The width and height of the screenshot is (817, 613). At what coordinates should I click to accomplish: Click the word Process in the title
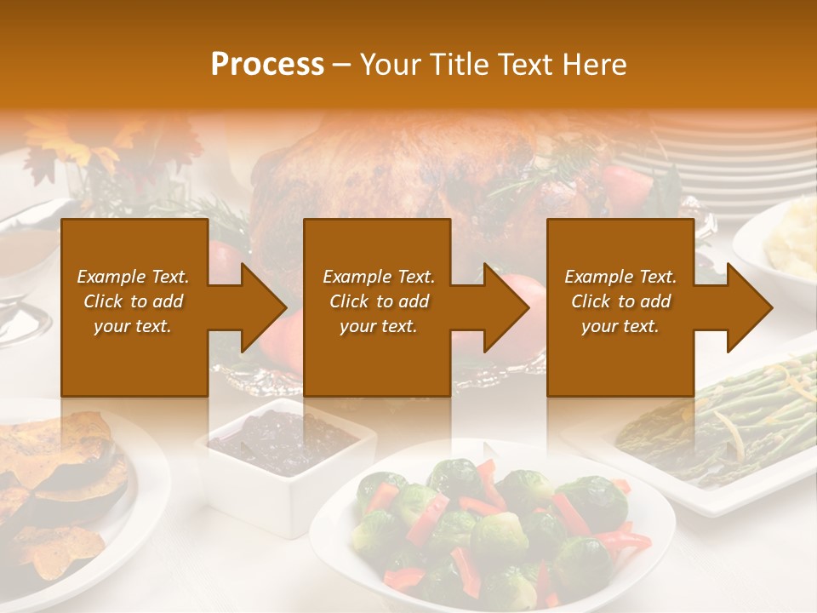pos(267,64)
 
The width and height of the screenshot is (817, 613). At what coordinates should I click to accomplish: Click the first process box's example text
pos(133,301)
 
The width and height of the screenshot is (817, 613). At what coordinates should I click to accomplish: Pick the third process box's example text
pos(620,301)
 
